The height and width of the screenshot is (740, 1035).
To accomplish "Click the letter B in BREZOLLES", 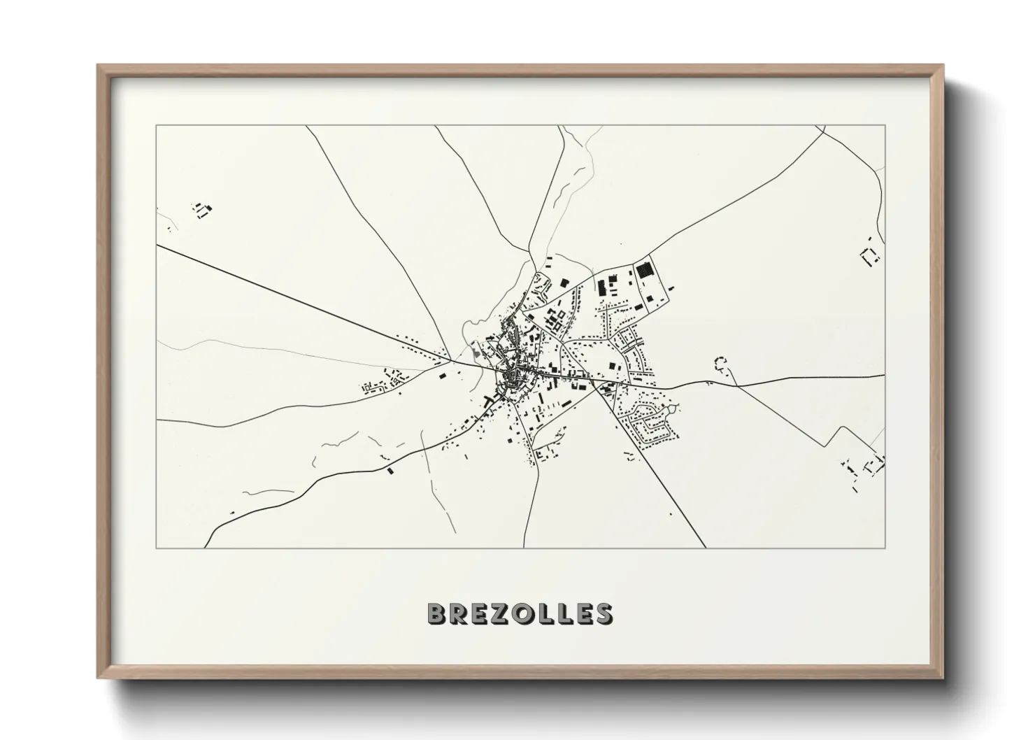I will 438,613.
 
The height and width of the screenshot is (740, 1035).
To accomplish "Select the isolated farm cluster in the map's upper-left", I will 202,209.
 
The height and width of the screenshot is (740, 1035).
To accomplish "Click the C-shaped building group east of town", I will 720,363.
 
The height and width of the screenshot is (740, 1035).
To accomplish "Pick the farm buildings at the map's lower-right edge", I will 865,467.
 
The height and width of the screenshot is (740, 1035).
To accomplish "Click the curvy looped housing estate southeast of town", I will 650,420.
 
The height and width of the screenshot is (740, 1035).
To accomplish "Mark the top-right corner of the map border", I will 885,126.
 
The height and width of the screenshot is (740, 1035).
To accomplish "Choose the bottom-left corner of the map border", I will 157,548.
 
